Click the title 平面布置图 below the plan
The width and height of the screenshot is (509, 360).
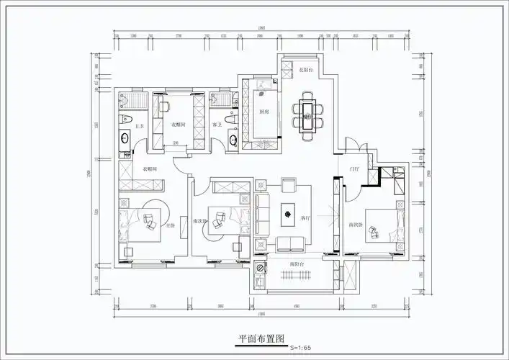(263, 338)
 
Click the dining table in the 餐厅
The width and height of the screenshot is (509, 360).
(307, 114)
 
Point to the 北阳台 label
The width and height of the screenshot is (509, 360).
(296, 70)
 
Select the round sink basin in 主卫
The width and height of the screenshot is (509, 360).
(125, 138)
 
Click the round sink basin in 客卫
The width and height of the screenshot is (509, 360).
(232, 138)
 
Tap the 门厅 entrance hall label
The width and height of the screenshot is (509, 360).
(354, 169)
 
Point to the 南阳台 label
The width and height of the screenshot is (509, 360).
(295, 265)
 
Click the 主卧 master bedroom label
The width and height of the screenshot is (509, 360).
(171, 225)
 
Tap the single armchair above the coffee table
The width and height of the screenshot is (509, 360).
(288, 185)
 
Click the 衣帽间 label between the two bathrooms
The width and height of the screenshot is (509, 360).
(178, 125)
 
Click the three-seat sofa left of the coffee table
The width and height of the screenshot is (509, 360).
(262, 214)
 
